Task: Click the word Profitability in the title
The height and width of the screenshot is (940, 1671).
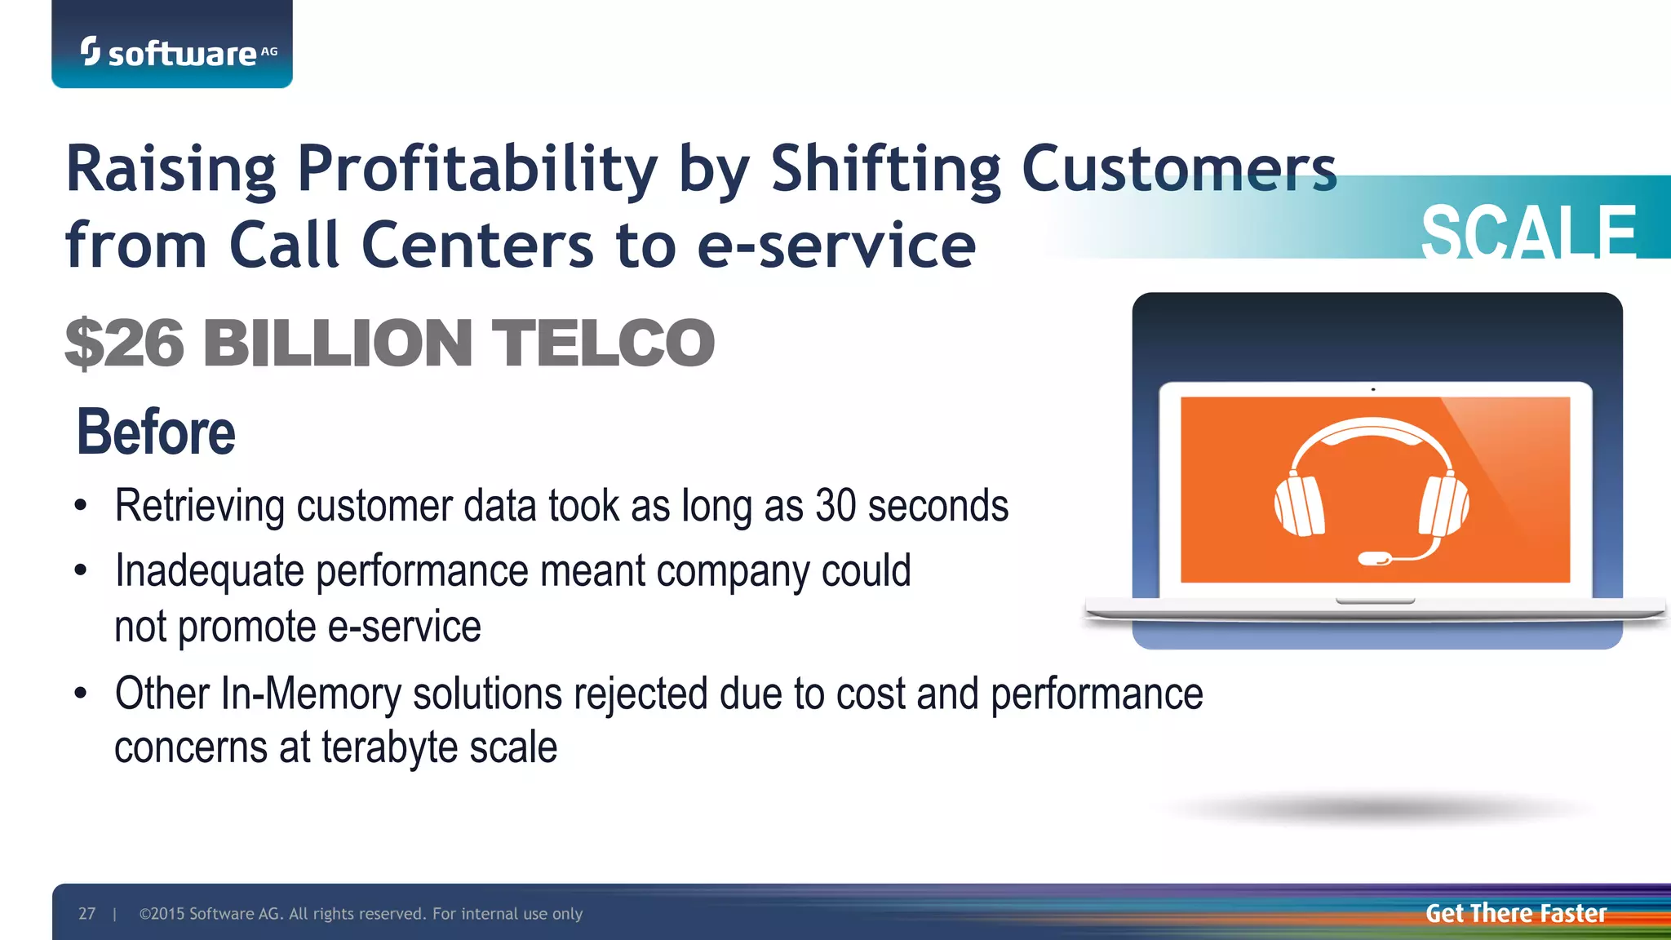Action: tap(477, 169)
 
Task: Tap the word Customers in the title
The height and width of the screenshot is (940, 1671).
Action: tap(1178, 169)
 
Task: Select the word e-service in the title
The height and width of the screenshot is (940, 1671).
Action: tap(836, 245)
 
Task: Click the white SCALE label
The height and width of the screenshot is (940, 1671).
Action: tap(1528, 233)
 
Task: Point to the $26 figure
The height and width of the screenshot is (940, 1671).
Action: tap(125, 343)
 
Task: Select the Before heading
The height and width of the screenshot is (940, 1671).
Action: tap(155, 432)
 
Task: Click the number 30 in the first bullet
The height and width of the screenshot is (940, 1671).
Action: tap(835, 506)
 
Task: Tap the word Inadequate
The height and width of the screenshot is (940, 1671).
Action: tap(210, 571)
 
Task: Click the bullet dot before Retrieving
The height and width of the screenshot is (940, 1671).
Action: tap(80, 506)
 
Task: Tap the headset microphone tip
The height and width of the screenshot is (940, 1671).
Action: tap(1373, 559)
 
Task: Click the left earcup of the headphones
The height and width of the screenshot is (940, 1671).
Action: tap(1299, 506)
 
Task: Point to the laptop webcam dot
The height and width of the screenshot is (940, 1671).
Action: tap(1373, 390)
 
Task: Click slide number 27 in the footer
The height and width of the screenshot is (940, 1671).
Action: tap(86, 914)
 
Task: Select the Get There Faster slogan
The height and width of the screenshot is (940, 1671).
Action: tap(1515, 913)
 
